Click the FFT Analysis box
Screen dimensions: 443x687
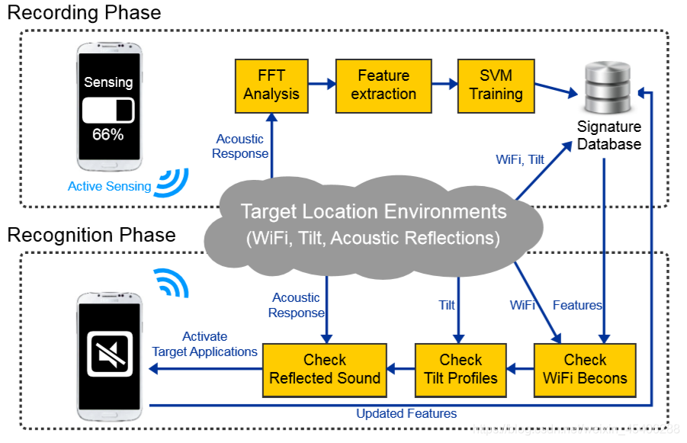(x=271, y=85)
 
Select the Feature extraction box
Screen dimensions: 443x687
(x=384, y=85)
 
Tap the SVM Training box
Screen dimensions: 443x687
(x=496, y=85)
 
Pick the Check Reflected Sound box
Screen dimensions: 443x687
(x=325, y=369)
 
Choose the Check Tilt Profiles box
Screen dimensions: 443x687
(x=461, y=369)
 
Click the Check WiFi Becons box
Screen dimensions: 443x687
(x=585, y=369)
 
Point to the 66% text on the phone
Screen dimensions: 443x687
(x=108, y=135)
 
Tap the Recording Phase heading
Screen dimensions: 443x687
(x=84, y=13)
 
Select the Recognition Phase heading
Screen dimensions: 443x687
(x=91, y=235)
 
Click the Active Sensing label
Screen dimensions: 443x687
(x=109, y=186)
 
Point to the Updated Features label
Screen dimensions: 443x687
(x=406, y=414)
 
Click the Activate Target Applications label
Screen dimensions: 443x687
(x=204, y=344)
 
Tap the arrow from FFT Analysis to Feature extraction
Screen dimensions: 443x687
(x=322, y=85)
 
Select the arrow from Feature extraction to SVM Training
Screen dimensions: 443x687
(x=445, y=85)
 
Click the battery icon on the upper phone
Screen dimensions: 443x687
(x=108, y=110)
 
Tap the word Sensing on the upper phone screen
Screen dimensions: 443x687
(x=108, y=82)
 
